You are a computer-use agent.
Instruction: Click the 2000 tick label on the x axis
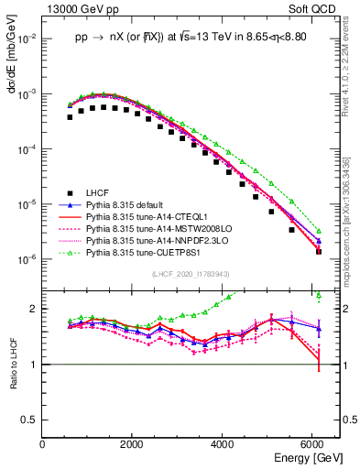pyautogui.click(x=133, y=445)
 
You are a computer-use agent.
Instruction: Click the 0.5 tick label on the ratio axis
pyautogui.click(x=30, y=420)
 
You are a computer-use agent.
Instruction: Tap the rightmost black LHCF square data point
pyautogui.click(x=319, y=251)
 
